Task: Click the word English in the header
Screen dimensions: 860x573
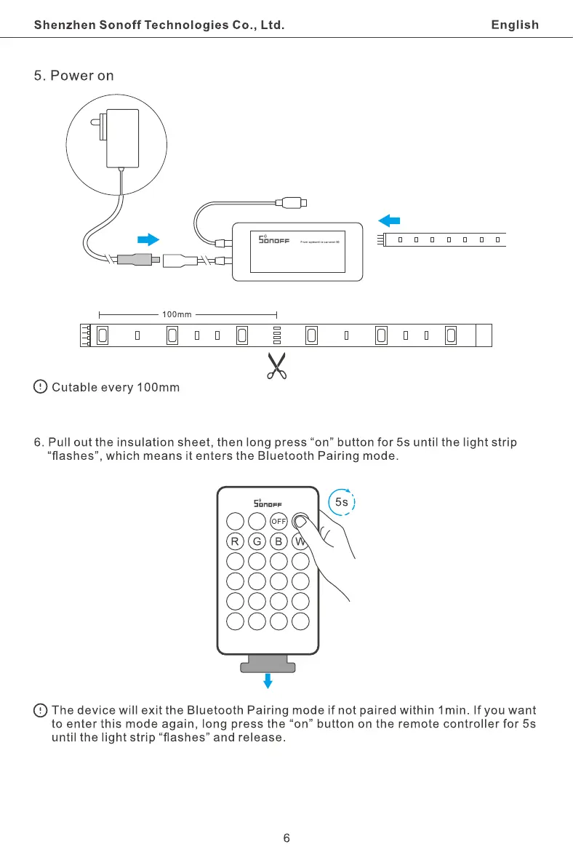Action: (x=515, y=25)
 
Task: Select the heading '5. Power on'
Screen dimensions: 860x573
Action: (x=73, y=76)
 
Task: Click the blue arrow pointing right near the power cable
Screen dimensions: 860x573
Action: (x=148, y=239)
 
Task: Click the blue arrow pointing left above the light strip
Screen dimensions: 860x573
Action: (x=390, y=220)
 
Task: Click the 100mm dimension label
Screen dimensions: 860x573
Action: (x=177, y=314)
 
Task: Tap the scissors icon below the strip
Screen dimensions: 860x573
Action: (x=276, y=366)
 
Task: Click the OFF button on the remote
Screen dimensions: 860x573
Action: (x=278, y=521)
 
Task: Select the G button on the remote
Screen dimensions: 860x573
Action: (x=256, y=541)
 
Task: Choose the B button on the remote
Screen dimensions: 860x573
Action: (x=278, y=541)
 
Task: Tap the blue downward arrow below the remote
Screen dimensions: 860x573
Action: (x=268, y=680)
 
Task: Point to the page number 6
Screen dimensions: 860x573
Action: (x=286, y=838)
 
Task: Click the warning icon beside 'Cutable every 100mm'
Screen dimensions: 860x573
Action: (x=41, y=386)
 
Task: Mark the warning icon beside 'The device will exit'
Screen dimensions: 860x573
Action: (x=41, y=709)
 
